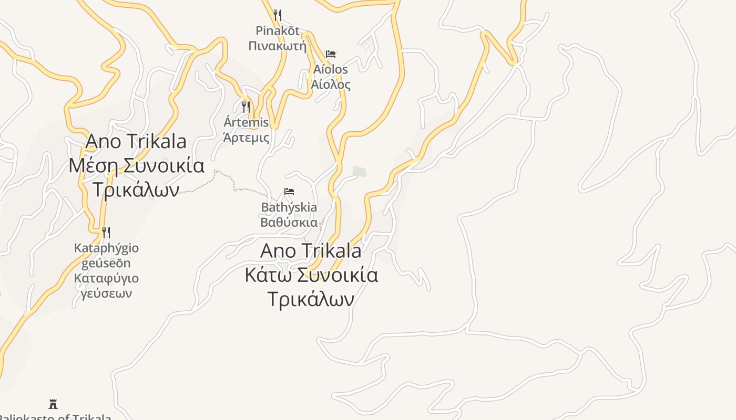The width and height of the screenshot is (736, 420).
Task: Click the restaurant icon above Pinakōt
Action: (x=278, y=15)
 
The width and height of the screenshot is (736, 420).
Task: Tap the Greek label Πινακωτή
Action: (x=277, y=46)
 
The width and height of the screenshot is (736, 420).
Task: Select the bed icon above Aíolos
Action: (x=331, y=54)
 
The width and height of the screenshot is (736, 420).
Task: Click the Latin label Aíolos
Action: (x=331, y=69)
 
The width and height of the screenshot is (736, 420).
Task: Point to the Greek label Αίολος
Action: (x=331, y=84)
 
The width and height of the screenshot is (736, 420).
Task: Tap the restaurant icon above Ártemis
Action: (x=246, y=107)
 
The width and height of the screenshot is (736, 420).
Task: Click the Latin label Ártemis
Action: (x=246, y=123)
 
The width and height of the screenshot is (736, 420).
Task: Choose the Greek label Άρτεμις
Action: (x=246, y=138)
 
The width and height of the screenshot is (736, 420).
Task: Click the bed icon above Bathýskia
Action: (x=289, y=192)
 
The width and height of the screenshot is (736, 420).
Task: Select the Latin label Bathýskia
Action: (x=289, y=207)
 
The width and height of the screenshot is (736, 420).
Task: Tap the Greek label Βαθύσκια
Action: (x=289, y=222)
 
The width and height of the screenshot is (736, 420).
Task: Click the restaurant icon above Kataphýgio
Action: (x=106, y=232)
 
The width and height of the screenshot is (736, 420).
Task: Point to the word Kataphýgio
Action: (x=106, y=248)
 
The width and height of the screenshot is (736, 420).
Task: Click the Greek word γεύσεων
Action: (x=106, y=293)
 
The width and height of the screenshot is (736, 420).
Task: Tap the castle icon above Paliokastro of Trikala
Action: (x=53, y=404)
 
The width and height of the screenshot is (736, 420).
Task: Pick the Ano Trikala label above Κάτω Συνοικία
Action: (x=311, y=250)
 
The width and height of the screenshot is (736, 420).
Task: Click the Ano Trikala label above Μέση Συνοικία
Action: (x=136, y=141)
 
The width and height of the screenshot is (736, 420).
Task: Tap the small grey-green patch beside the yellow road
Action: (x=359, y=171)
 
